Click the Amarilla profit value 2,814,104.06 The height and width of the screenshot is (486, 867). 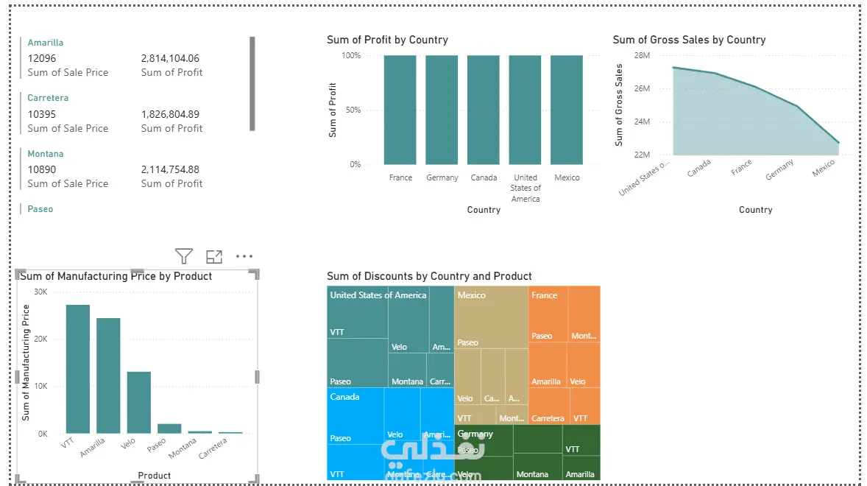pos(170,58)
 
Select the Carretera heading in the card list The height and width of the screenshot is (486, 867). pos(48,98)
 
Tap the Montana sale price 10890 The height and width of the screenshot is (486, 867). pos(42,169)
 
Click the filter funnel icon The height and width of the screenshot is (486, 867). pos(184,256)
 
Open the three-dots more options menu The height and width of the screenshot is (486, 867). pos(244,256)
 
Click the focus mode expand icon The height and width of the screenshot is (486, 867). pos(214,256)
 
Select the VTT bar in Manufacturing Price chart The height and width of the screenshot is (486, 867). pos(78,368)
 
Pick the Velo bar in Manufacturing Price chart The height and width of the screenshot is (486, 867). pos(138,402)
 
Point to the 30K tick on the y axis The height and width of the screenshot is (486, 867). pos(40,292)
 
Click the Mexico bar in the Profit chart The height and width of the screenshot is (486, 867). pos(567,110)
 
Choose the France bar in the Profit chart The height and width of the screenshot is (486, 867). pos(400,110)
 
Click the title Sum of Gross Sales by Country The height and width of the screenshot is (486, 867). pos(689,40)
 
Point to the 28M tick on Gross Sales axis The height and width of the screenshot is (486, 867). pos(641,55)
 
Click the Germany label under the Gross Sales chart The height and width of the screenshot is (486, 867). pos(779,170)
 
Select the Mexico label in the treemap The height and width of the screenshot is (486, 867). pos(472,295)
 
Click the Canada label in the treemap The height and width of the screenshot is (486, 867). pos(344,397)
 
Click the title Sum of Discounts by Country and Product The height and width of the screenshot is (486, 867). pos(429,276)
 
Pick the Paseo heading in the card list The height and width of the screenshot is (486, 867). pos(40,209)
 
